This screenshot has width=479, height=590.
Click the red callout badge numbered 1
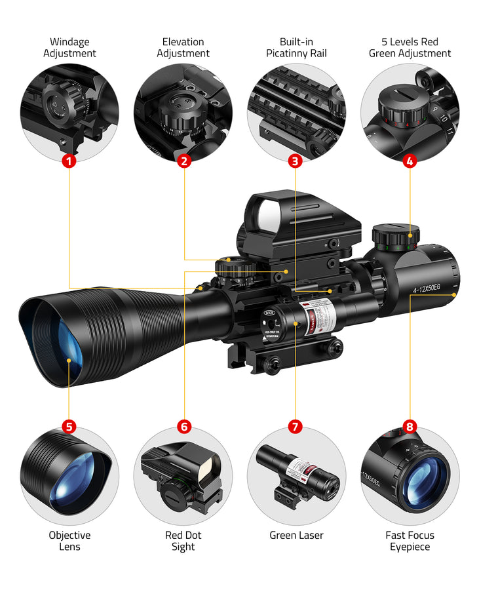click(x=69, y=161)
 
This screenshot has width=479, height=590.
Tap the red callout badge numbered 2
click(x=184, y=161)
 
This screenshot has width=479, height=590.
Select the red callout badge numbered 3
click(x=295, y=161)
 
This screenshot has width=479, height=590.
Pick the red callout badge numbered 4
click(x=410, y=161)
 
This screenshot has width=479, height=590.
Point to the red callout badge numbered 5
click(x=69, y=427)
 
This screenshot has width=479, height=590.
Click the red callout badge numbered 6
click(x=184, y=427)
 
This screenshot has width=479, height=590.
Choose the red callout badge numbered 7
click(x=295, y=427)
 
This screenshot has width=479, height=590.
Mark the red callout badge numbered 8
click(x=410, y=427)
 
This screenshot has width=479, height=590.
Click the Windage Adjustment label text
click(x=69, y=48)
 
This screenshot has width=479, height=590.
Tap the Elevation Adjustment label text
click(x=183, y=48)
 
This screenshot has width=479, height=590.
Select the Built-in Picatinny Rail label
click(x=296, y=48)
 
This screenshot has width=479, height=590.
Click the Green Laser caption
click(x=296, y=536)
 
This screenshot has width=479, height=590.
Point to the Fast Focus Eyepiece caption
click(x=410, y=541)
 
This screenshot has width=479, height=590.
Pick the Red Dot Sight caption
click(x=183, y=541)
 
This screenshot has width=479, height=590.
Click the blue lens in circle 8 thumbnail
click(x=425, y=482)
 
